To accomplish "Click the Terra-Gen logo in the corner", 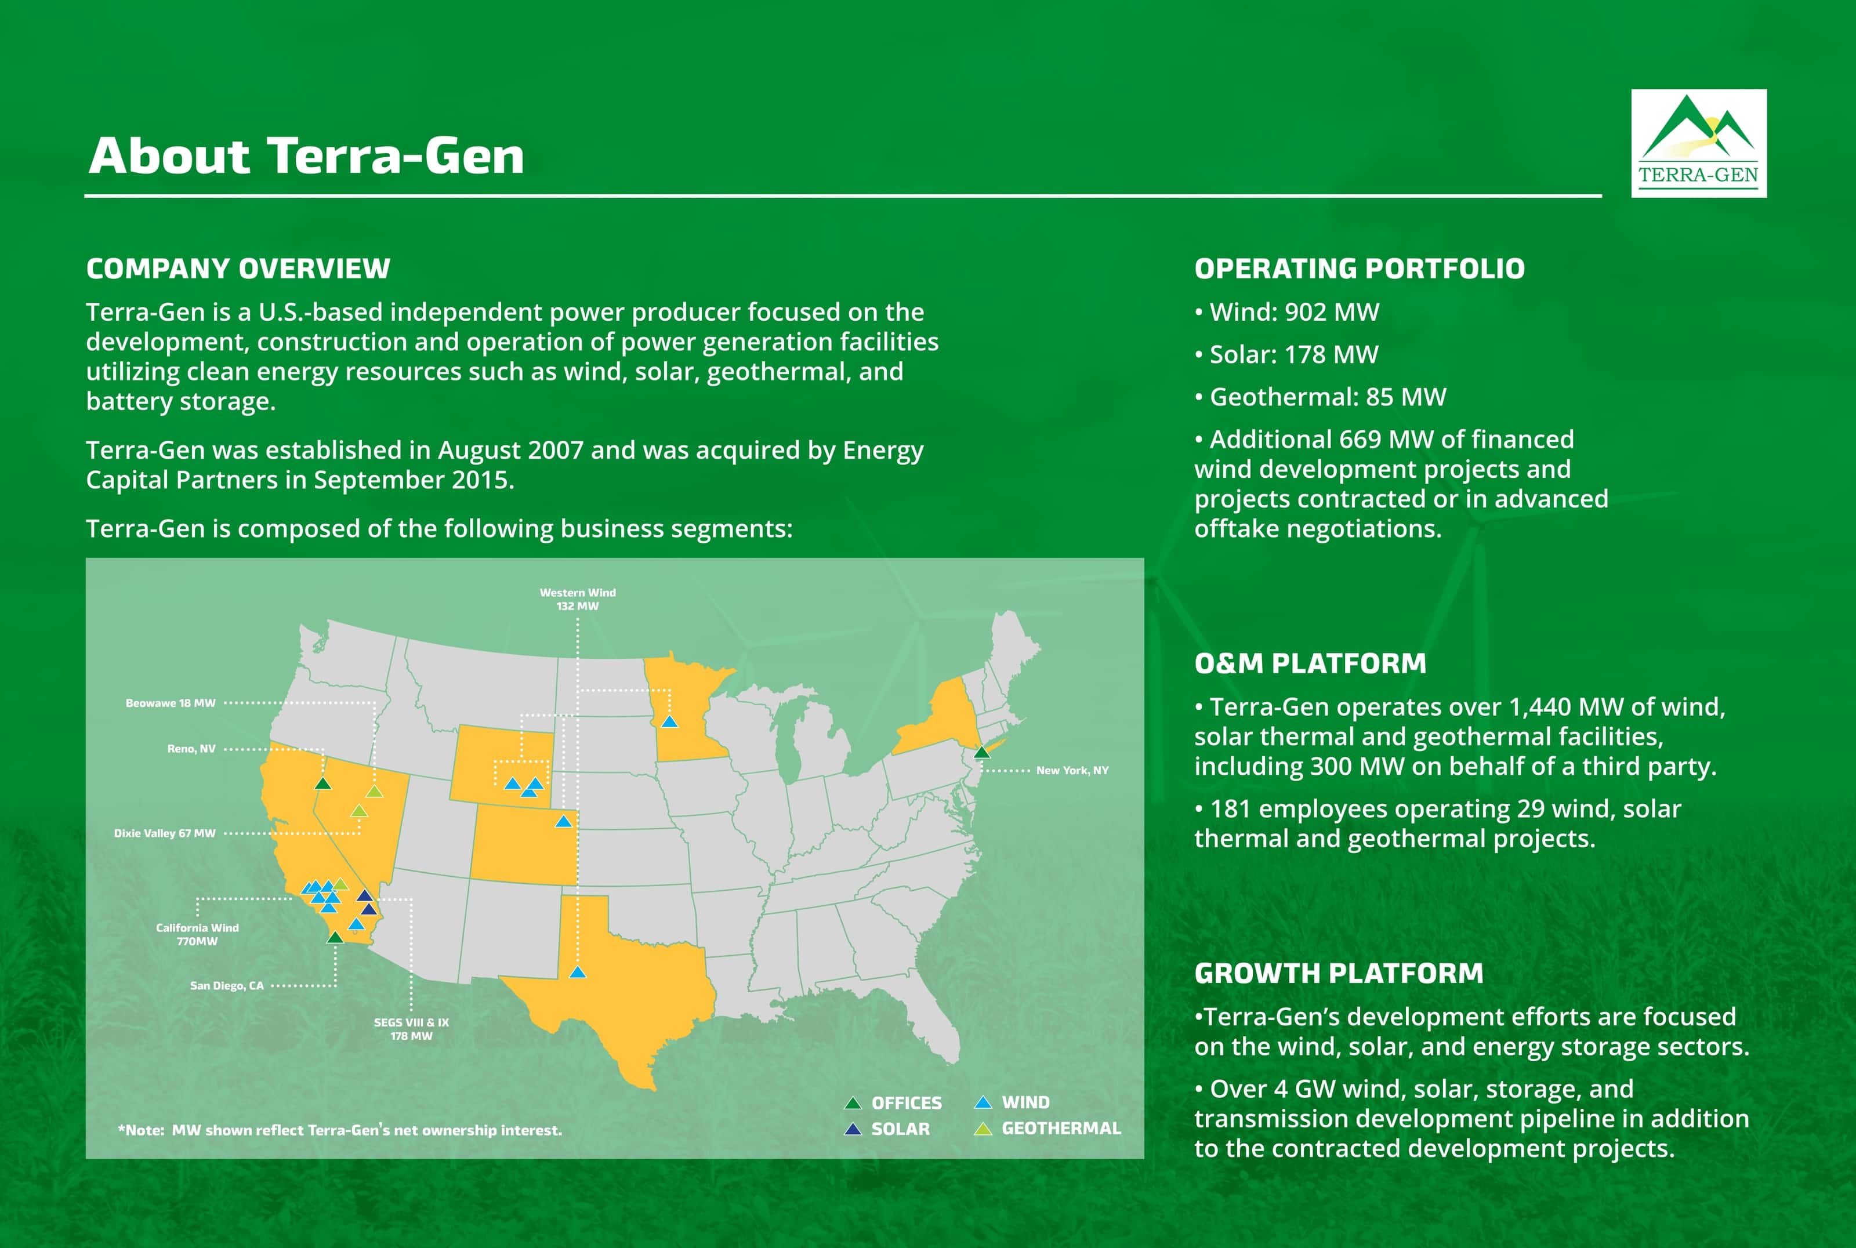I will (1698, 143).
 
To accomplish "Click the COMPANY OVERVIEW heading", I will (238, 269).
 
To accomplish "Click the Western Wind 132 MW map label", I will (578, 599).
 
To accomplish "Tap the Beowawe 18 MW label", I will (171, 703).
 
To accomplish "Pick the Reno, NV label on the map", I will (191, 749).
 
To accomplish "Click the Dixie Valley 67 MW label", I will (165, 833).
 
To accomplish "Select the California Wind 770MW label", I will (197, 934).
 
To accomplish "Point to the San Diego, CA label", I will (227, 986).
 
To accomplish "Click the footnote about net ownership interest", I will (340, 1130).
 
